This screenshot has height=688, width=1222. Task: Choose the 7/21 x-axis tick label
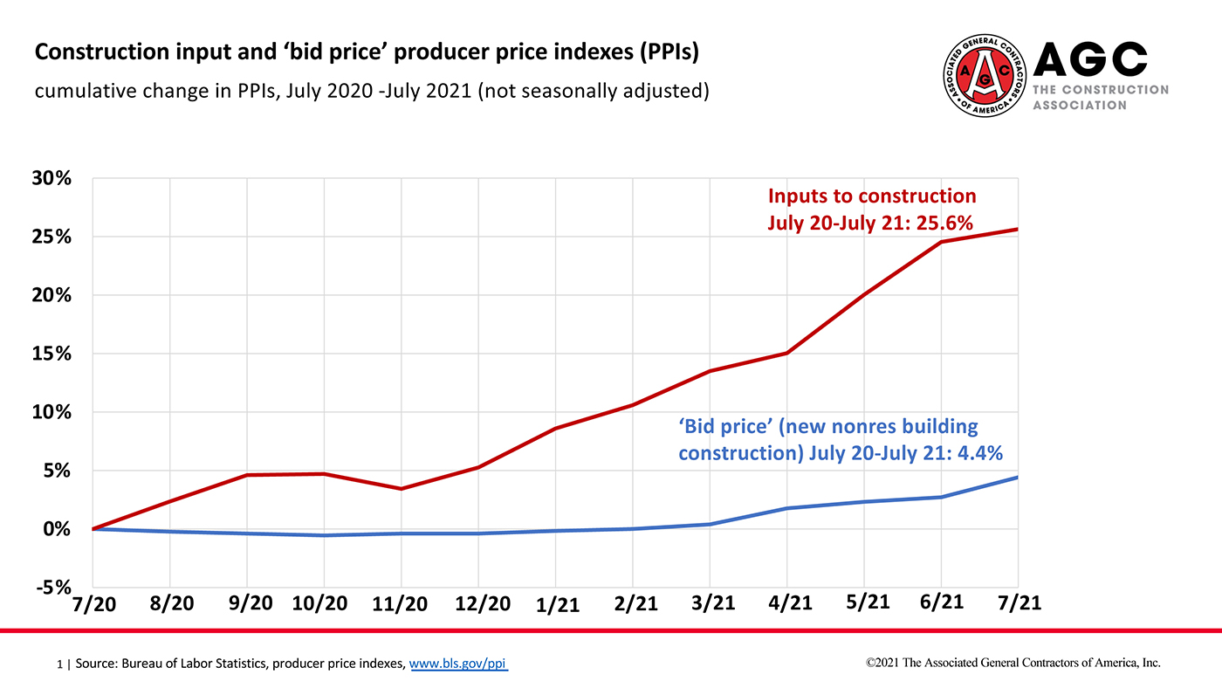[x=1019, y=603]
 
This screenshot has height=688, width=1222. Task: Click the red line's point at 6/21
[x=941, y=242]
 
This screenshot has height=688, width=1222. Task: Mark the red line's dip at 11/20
[x=402, y=488]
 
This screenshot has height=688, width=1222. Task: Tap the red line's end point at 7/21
[x=1018, y=230]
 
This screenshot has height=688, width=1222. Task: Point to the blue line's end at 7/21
[x=1018, y=477]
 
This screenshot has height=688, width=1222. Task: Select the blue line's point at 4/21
[x=787, y=508]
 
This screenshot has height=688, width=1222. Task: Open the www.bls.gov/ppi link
[x=458, y=664]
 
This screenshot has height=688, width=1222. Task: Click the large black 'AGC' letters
[x=1089, y=58]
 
